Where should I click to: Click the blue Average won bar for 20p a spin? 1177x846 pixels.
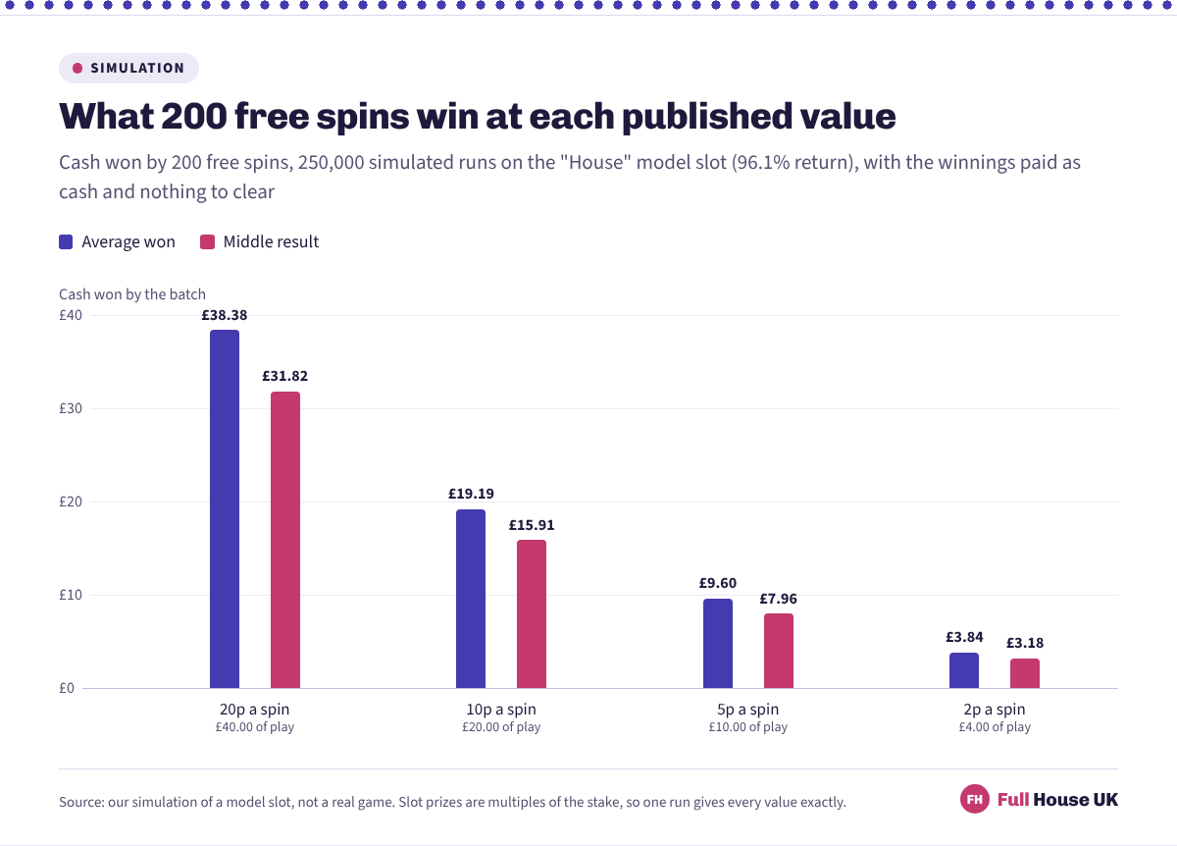pos(225,509)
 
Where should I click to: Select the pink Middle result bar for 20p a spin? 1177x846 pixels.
pos(285,540)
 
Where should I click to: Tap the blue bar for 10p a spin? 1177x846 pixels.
pos(471,599)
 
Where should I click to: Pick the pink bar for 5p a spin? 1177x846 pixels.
pos(779,651)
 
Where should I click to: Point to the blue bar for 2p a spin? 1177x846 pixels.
pos(964,670)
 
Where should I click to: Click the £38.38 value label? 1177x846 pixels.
pos(225,315)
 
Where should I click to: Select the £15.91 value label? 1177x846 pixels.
pos(532,525)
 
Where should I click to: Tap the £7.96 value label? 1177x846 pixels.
pos(779,599)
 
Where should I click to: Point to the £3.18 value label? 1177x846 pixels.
pos(1025,643)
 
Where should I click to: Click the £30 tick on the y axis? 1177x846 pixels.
pos(71,408)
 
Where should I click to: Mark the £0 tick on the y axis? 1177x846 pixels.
pos(67,688)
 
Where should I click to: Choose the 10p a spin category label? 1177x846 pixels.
pos(501,710)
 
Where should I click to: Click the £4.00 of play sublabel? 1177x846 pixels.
pos(995,726)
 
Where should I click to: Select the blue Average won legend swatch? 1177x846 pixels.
pos(66,241)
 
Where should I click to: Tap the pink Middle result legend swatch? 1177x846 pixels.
pos(208,241)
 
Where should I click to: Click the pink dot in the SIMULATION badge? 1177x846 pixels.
pos(77,68)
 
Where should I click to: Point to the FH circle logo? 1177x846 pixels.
pos(975,799)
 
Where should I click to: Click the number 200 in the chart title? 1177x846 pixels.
pos(194,116)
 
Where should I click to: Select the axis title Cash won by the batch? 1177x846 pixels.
pos(131,293)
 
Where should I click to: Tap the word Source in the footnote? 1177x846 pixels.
pos(81,802)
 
